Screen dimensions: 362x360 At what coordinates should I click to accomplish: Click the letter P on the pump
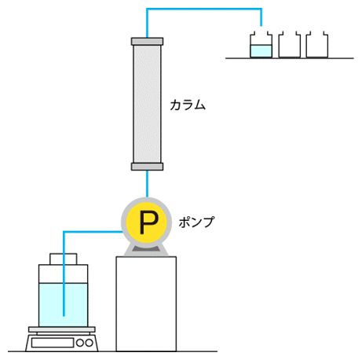coord(148,222)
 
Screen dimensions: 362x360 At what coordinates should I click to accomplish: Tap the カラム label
coord(188,105)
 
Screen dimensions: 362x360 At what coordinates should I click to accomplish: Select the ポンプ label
coord(196,222)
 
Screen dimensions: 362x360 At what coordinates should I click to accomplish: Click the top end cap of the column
coord(147,42)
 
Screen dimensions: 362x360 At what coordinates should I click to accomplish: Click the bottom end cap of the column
coord(147,167)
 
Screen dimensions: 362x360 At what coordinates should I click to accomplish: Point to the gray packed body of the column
coord(147,104)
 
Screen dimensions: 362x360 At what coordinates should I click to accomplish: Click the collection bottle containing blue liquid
coord(261,45)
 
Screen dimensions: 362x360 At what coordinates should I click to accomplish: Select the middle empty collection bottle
coord(289,45)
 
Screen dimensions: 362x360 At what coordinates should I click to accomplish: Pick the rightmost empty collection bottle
coord(316,45)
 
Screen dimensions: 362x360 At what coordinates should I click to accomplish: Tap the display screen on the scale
coord(53,343)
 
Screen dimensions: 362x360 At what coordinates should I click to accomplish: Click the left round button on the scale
coord(80,343)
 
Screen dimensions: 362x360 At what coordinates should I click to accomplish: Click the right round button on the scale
coord(89,343)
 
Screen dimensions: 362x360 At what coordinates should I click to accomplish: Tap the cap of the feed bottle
coord(64,259)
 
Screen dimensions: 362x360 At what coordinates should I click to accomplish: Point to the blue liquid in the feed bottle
coord(63,305)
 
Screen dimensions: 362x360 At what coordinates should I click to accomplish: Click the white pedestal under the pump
coord(146,303)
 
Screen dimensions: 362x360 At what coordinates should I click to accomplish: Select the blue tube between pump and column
coord(147,184)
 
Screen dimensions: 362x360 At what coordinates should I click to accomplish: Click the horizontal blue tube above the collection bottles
coord(204,9)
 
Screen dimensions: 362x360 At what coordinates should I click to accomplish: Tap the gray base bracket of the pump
coord(146,250)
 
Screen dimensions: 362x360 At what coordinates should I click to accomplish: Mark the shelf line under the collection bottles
coord(290,58)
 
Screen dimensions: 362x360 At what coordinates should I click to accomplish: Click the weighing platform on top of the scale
coord(62,329)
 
